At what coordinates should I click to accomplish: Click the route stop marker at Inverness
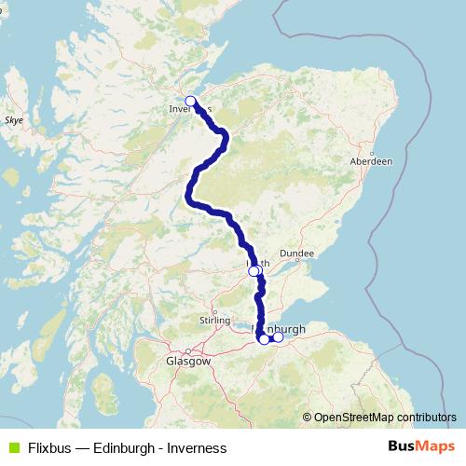190,101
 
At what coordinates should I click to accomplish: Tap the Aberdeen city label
371,161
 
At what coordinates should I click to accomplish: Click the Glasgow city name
188,360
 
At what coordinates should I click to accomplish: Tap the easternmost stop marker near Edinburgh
278,336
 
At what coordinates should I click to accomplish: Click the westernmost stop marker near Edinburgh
264,339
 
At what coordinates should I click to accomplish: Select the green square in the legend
12,447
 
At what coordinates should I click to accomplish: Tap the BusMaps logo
420,446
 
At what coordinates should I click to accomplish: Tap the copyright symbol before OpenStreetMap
307,418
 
